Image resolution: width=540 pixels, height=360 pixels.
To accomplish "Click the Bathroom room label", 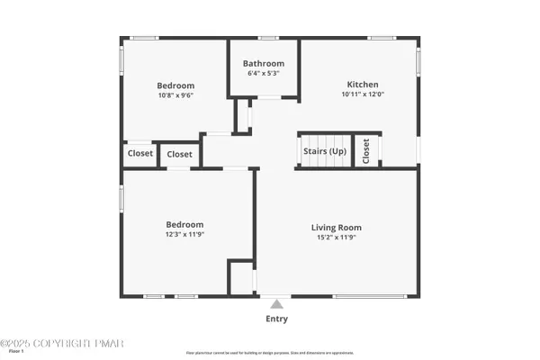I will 264,64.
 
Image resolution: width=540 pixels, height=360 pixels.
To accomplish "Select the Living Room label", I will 337,228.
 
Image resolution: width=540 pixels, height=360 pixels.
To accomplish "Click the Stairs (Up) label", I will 325,151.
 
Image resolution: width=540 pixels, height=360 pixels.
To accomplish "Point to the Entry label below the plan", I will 277,319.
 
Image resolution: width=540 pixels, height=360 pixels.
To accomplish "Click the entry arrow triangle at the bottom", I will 277,303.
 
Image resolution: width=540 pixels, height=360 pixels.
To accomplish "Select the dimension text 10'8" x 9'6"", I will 176,94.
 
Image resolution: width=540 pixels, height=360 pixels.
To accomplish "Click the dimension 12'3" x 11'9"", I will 184,234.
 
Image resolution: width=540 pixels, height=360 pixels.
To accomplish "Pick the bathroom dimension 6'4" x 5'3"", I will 264,74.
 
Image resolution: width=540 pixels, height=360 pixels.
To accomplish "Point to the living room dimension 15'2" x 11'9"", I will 337,238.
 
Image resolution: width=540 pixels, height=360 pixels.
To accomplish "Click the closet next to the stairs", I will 366,153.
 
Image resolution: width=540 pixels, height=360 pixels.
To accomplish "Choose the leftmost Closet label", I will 139,154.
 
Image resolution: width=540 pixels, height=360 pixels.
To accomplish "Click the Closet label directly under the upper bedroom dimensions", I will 179,155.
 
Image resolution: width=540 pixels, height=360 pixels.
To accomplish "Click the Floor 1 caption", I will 15,352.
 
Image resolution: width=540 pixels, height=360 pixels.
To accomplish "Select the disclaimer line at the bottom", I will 271,353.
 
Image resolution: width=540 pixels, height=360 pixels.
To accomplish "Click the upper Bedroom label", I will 176,85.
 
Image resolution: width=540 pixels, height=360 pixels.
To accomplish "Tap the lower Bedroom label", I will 184,224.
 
